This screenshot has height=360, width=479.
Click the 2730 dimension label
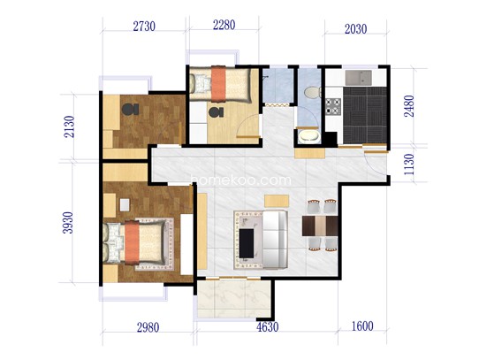[144, 27]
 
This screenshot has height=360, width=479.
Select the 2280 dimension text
[224, 25]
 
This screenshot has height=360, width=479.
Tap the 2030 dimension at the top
[355, 29]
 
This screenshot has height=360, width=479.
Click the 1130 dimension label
[408, 165]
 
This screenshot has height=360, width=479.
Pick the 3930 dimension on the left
[68, 223]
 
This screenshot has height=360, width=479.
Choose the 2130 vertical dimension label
[69, 126]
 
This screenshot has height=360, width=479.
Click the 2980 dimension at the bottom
[148, 328]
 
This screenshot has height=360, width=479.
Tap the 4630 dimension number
[267, 327]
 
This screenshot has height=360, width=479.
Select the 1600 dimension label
[362, 326]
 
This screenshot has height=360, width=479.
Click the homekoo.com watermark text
[241, 180]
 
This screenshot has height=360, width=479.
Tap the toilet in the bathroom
[313, 92]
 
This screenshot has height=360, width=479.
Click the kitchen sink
[359, 78]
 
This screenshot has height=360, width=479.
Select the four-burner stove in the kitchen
[332, 106]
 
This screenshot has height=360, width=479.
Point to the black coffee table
[247, 243]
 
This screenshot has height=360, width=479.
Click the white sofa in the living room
[275, 240]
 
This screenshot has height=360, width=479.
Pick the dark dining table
[320, 226]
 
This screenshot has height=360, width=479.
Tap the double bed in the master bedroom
[135, 242]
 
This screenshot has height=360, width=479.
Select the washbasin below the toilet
[308, 136]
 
